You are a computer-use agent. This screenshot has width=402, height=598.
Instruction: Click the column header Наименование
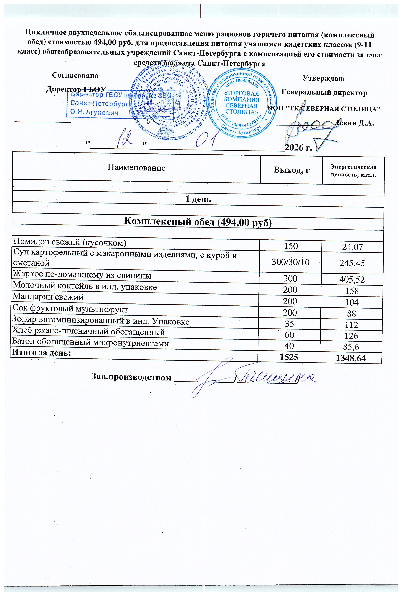136,168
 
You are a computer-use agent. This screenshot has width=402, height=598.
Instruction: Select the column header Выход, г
291,170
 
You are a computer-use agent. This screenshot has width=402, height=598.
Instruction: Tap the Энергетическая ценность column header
353,171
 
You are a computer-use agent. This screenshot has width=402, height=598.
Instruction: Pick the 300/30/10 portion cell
291,262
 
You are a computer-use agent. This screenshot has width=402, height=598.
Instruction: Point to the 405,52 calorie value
352,279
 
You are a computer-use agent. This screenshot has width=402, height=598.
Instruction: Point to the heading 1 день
198,199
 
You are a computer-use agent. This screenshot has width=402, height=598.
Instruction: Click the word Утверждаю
323,78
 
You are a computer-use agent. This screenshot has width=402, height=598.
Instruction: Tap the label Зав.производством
131,378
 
